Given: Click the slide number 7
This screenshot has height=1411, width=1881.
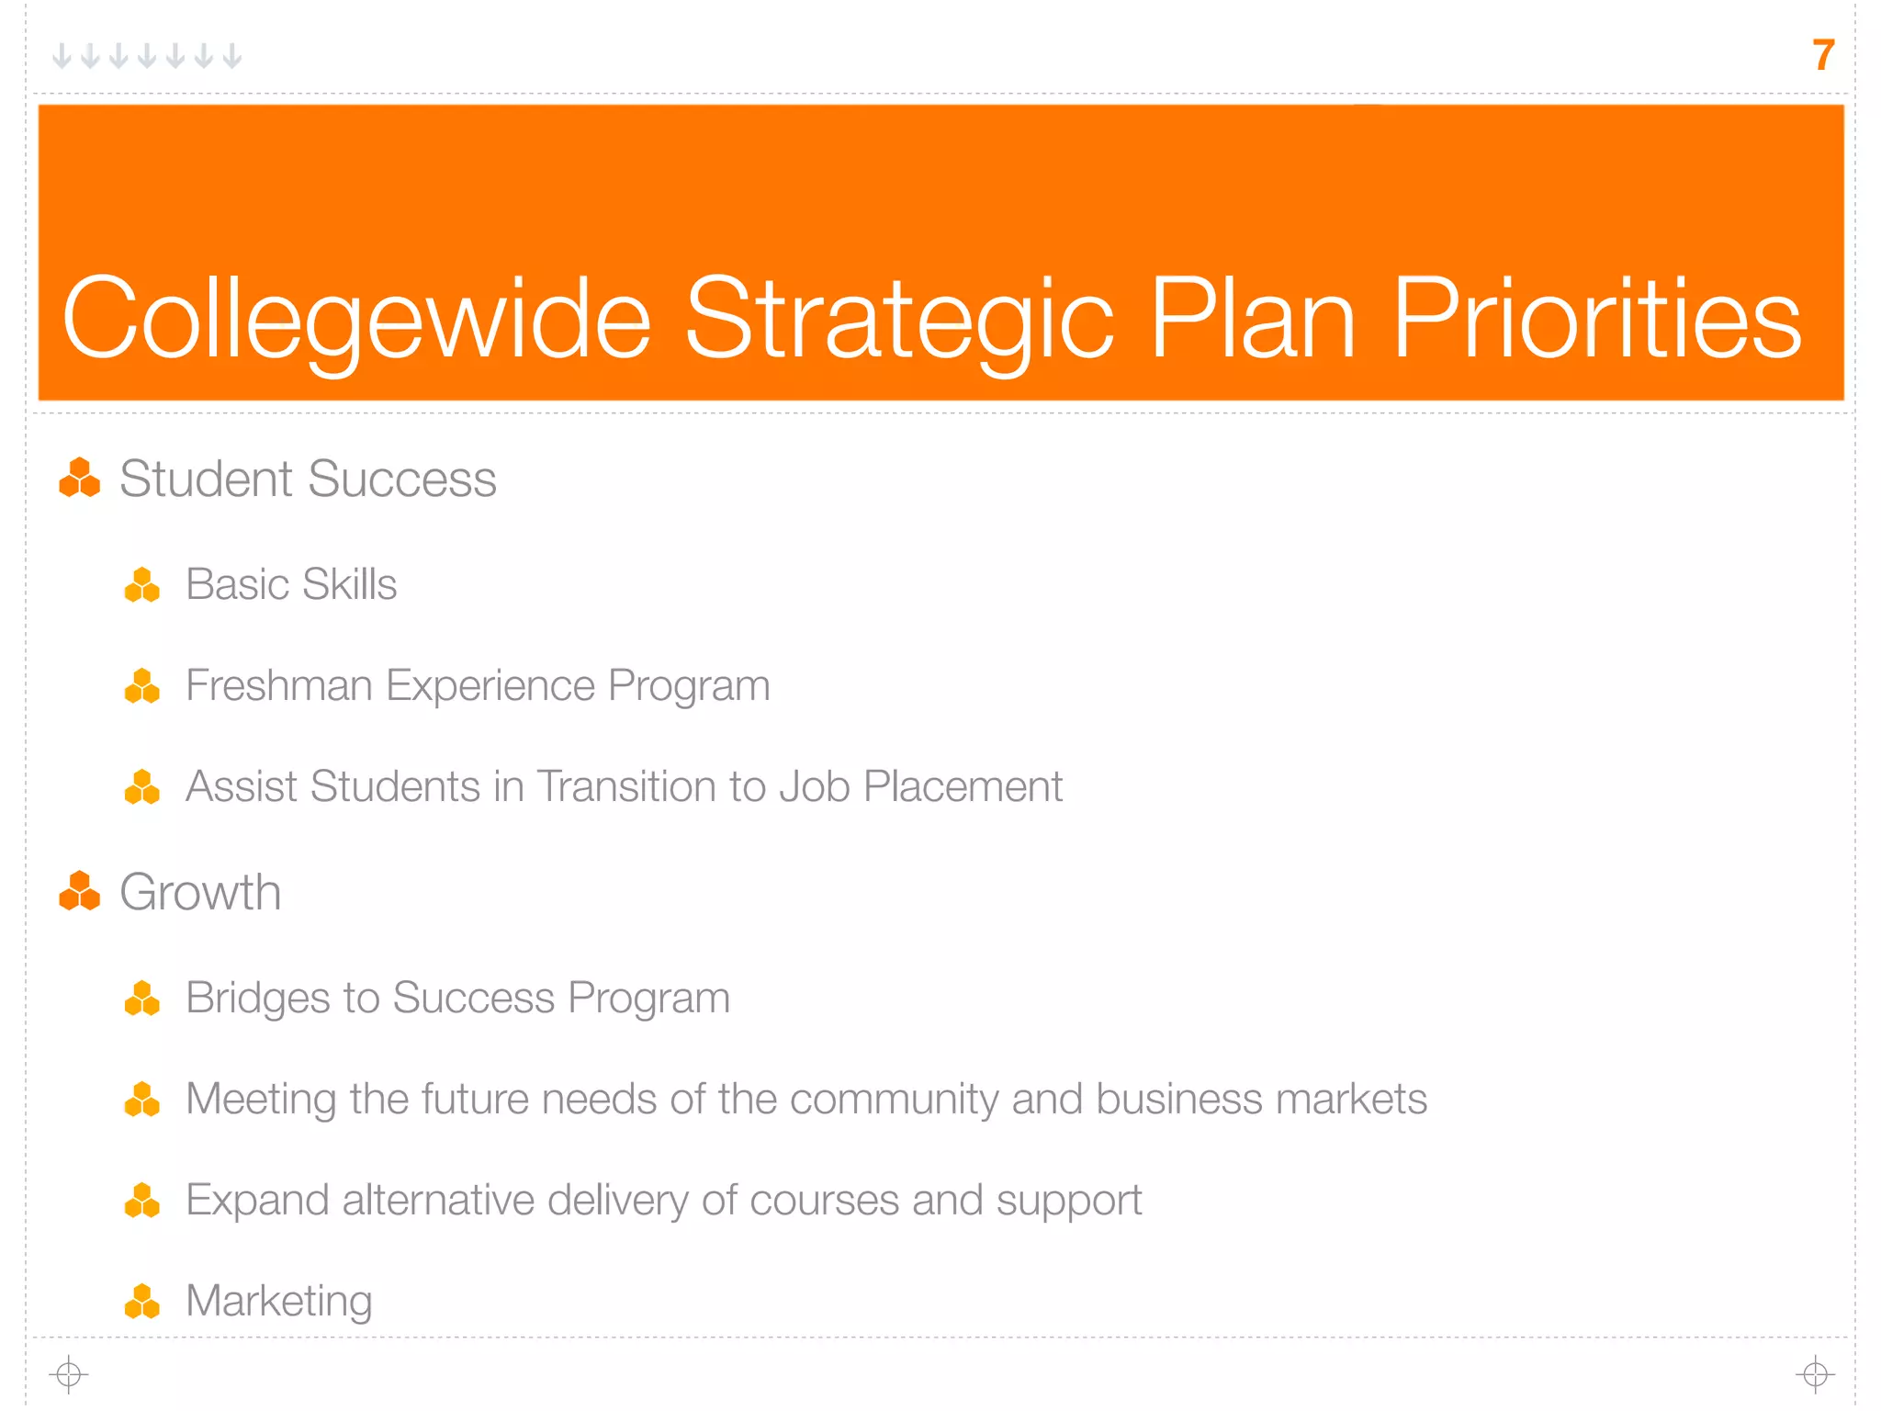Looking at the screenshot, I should (1823, 55).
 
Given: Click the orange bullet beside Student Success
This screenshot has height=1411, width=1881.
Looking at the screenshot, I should (80, 479).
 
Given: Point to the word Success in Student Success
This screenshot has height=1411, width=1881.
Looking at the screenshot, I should (401, 480).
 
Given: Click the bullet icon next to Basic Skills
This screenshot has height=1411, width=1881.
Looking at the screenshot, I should (142, 585).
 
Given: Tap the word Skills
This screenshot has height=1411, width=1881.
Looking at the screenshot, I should (349, 584).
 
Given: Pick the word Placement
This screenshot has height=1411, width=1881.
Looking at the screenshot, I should (963, 786).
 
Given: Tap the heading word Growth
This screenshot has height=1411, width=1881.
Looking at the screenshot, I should (200, 893).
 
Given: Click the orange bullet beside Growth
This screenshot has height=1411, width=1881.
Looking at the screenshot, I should (80, 892).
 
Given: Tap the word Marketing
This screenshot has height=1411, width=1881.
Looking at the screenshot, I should (279, 1302).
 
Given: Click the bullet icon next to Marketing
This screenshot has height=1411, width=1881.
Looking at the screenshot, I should (142, 1302).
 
